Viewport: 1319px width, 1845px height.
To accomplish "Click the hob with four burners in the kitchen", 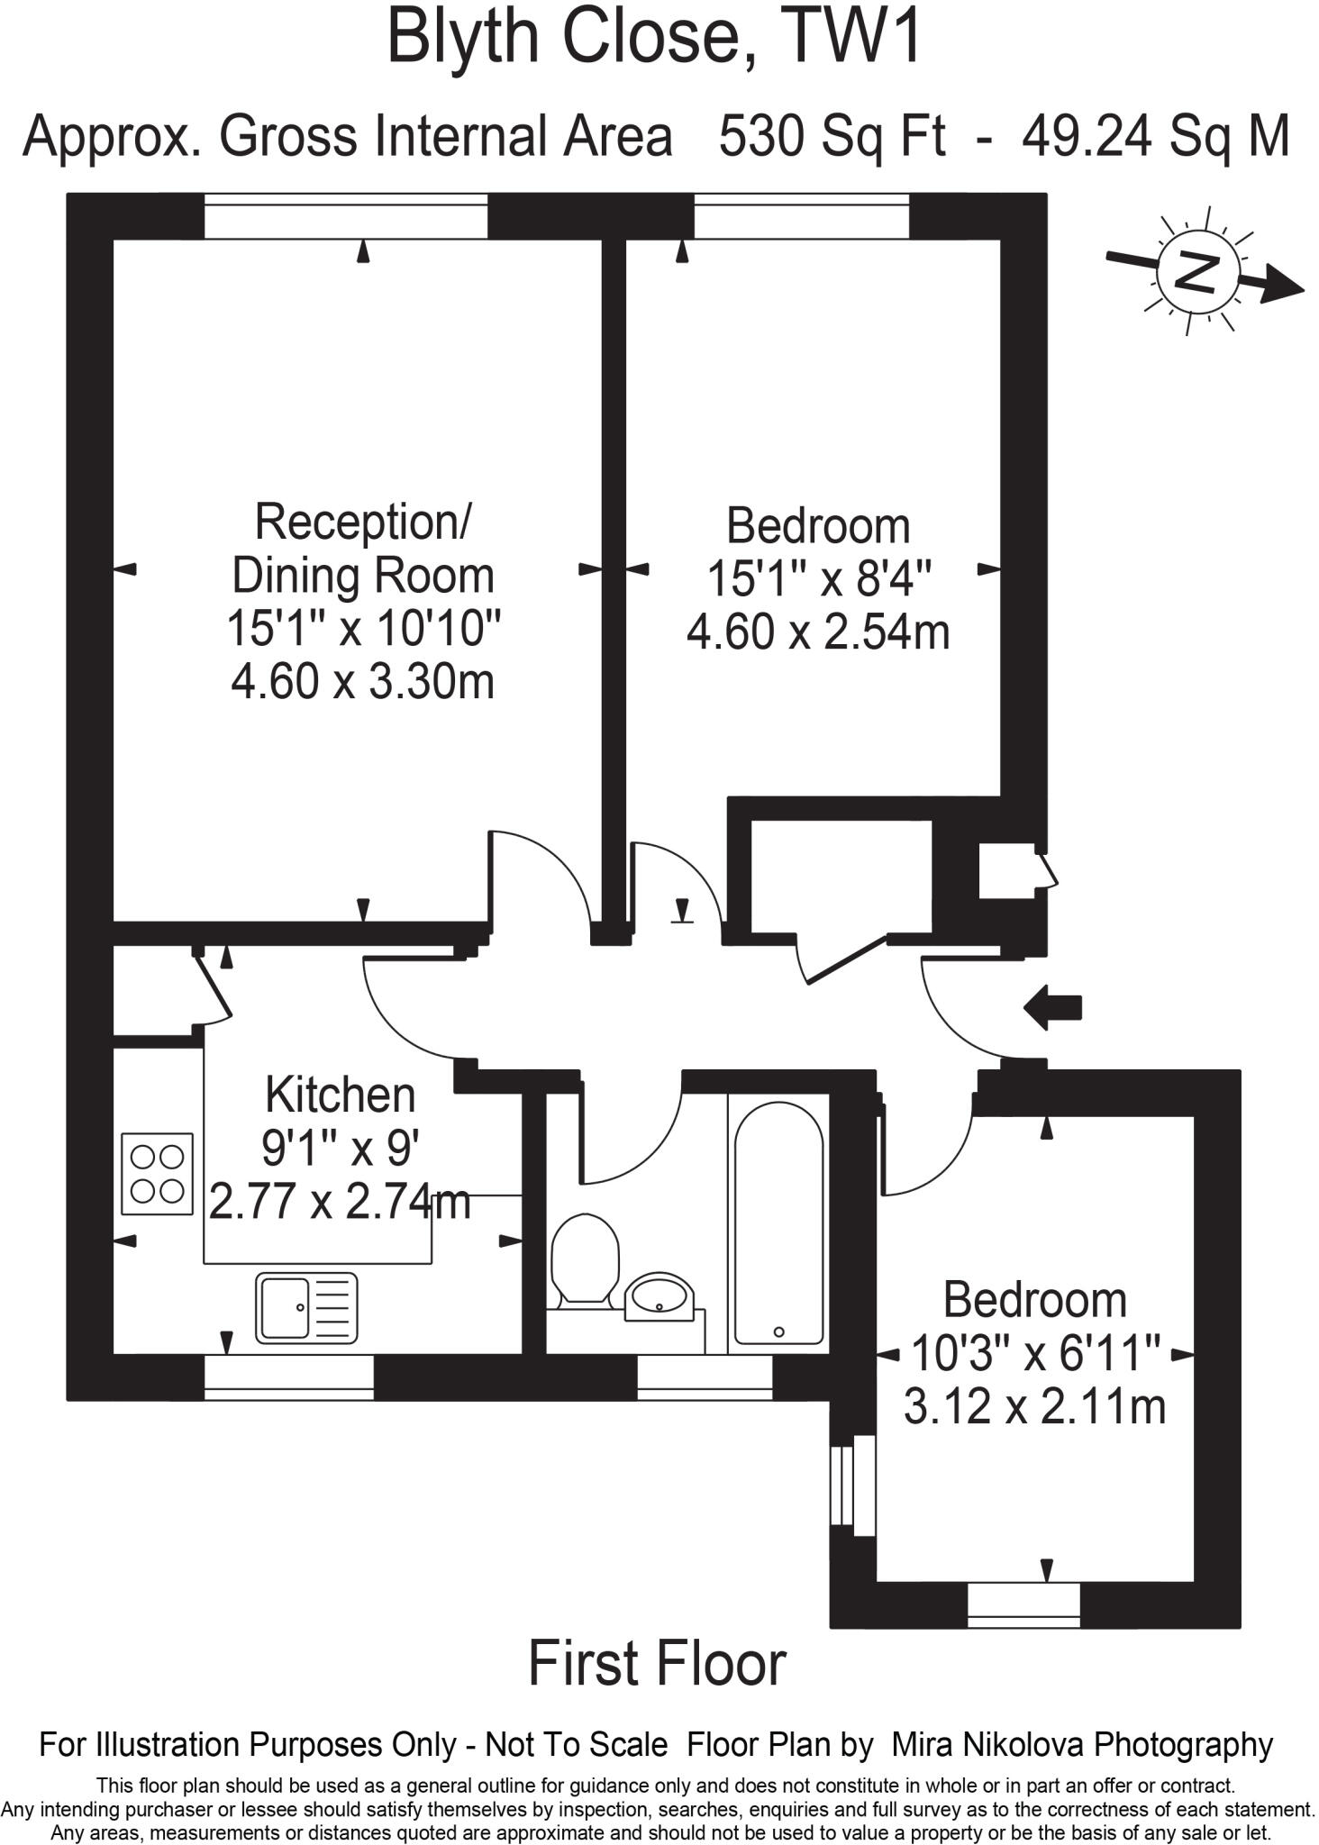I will (158, 1173).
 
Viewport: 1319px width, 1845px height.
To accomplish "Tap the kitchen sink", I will (305, 1306).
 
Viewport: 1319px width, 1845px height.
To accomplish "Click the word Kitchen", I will (340, 1095).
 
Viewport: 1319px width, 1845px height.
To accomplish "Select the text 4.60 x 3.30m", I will (362, 681).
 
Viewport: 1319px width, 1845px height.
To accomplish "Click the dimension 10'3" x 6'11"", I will (1035, 1352).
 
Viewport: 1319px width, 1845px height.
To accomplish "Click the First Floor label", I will (657, 1663).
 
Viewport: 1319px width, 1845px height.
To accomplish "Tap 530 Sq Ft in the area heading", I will (832, 137).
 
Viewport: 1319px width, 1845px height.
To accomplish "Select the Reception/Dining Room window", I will (345, 217).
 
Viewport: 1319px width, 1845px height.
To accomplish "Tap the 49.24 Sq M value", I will (1156, 137).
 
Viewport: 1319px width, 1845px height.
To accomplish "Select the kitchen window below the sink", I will (288, 1378).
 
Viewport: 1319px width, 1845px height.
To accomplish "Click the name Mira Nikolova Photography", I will (1081, 1745).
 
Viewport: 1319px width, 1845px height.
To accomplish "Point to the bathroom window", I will (705, 1378).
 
